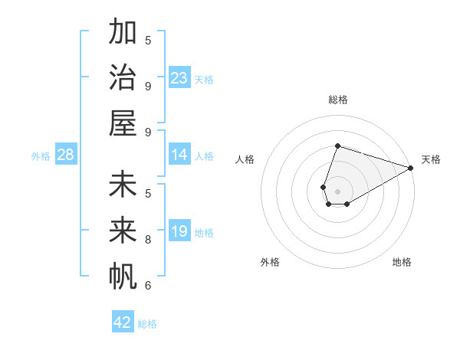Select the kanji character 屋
click(x=123, y=123)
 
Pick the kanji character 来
click(x=123, y=231)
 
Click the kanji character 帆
click(x=123, y=277)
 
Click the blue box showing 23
click(x=179, y=78)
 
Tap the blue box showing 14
click(x=179, y=155)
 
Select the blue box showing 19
click(x=179, y=231)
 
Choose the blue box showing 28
click(x=66, y=155)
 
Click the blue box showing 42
click(x=123, y=322)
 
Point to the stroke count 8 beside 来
click(x=148, y=239)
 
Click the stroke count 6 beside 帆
click(x=148, y=285)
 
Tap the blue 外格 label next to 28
click(x=41, y=156)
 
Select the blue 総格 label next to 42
click(x=147, y=324)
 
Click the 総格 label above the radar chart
click(x=337, y=100)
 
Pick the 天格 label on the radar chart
click(x=431, y=159)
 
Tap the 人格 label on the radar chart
click(x=245, y=159)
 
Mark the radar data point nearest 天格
click(x=412, y=168)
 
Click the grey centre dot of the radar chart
click(x=337, y=190)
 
